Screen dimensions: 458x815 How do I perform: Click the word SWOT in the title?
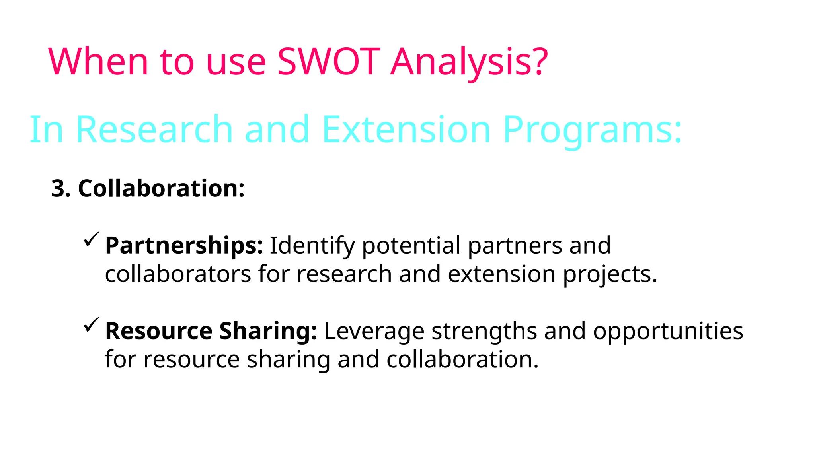(x=329, y=61)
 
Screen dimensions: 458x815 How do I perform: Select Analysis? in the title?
(x=470, y=62)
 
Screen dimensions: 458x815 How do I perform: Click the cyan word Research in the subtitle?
(x=154, y=129)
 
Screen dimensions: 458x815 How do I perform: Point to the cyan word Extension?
(x=406, y=129)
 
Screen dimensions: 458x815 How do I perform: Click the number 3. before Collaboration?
(x=61, y=188)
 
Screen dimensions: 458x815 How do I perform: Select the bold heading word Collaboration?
(x=161, y=188)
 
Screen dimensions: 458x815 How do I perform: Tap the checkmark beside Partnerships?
(x=91, y=239)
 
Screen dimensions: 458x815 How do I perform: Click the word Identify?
(x=312, y=246)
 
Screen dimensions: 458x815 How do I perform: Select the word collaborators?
(x=178, y=274)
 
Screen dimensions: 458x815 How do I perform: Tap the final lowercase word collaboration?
(x=462, y=359)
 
